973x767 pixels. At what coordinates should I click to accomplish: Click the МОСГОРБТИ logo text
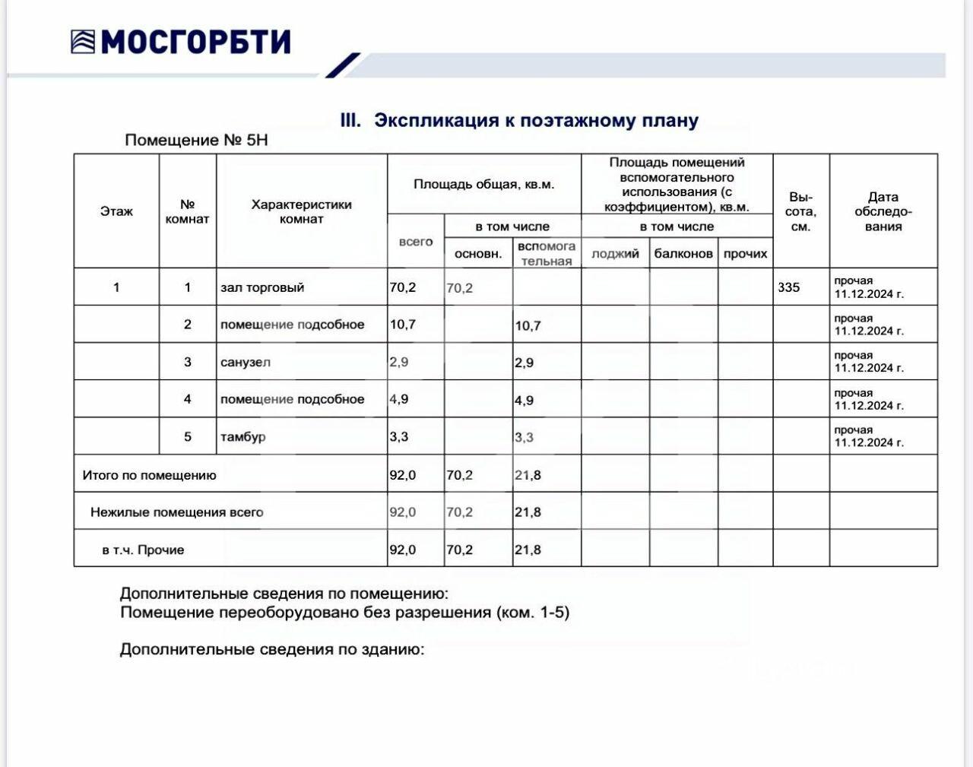[195, 41]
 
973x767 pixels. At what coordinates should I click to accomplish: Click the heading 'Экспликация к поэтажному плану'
[535, 120]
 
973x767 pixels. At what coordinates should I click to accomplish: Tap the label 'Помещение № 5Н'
[196, 141]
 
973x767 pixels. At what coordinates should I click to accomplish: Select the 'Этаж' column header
[116, 211]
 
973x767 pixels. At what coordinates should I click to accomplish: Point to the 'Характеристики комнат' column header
[301, 211]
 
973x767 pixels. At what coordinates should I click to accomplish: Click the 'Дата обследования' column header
[883, 211]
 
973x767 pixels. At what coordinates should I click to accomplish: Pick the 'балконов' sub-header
[683, 253]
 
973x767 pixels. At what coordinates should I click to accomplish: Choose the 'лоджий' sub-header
[615, 253]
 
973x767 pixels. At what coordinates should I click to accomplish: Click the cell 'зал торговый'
[262, 287]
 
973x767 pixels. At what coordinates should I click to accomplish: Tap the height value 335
[789, 287]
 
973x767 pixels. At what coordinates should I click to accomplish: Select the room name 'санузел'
[245, 362]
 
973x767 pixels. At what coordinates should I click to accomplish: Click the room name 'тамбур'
[242, 437]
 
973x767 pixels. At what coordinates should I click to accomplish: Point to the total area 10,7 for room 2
[402, 325]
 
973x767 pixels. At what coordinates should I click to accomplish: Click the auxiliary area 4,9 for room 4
[524, 400]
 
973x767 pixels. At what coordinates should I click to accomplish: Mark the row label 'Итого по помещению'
[149, 475]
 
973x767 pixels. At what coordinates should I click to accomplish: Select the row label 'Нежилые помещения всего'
[176, 512]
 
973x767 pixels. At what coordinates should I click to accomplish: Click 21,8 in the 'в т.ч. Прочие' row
[528, 550]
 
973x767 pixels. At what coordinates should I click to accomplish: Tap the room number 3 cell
[187, 362]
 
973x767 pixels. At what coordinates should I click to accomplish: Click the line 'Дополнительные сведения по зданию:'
[271, 649]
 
